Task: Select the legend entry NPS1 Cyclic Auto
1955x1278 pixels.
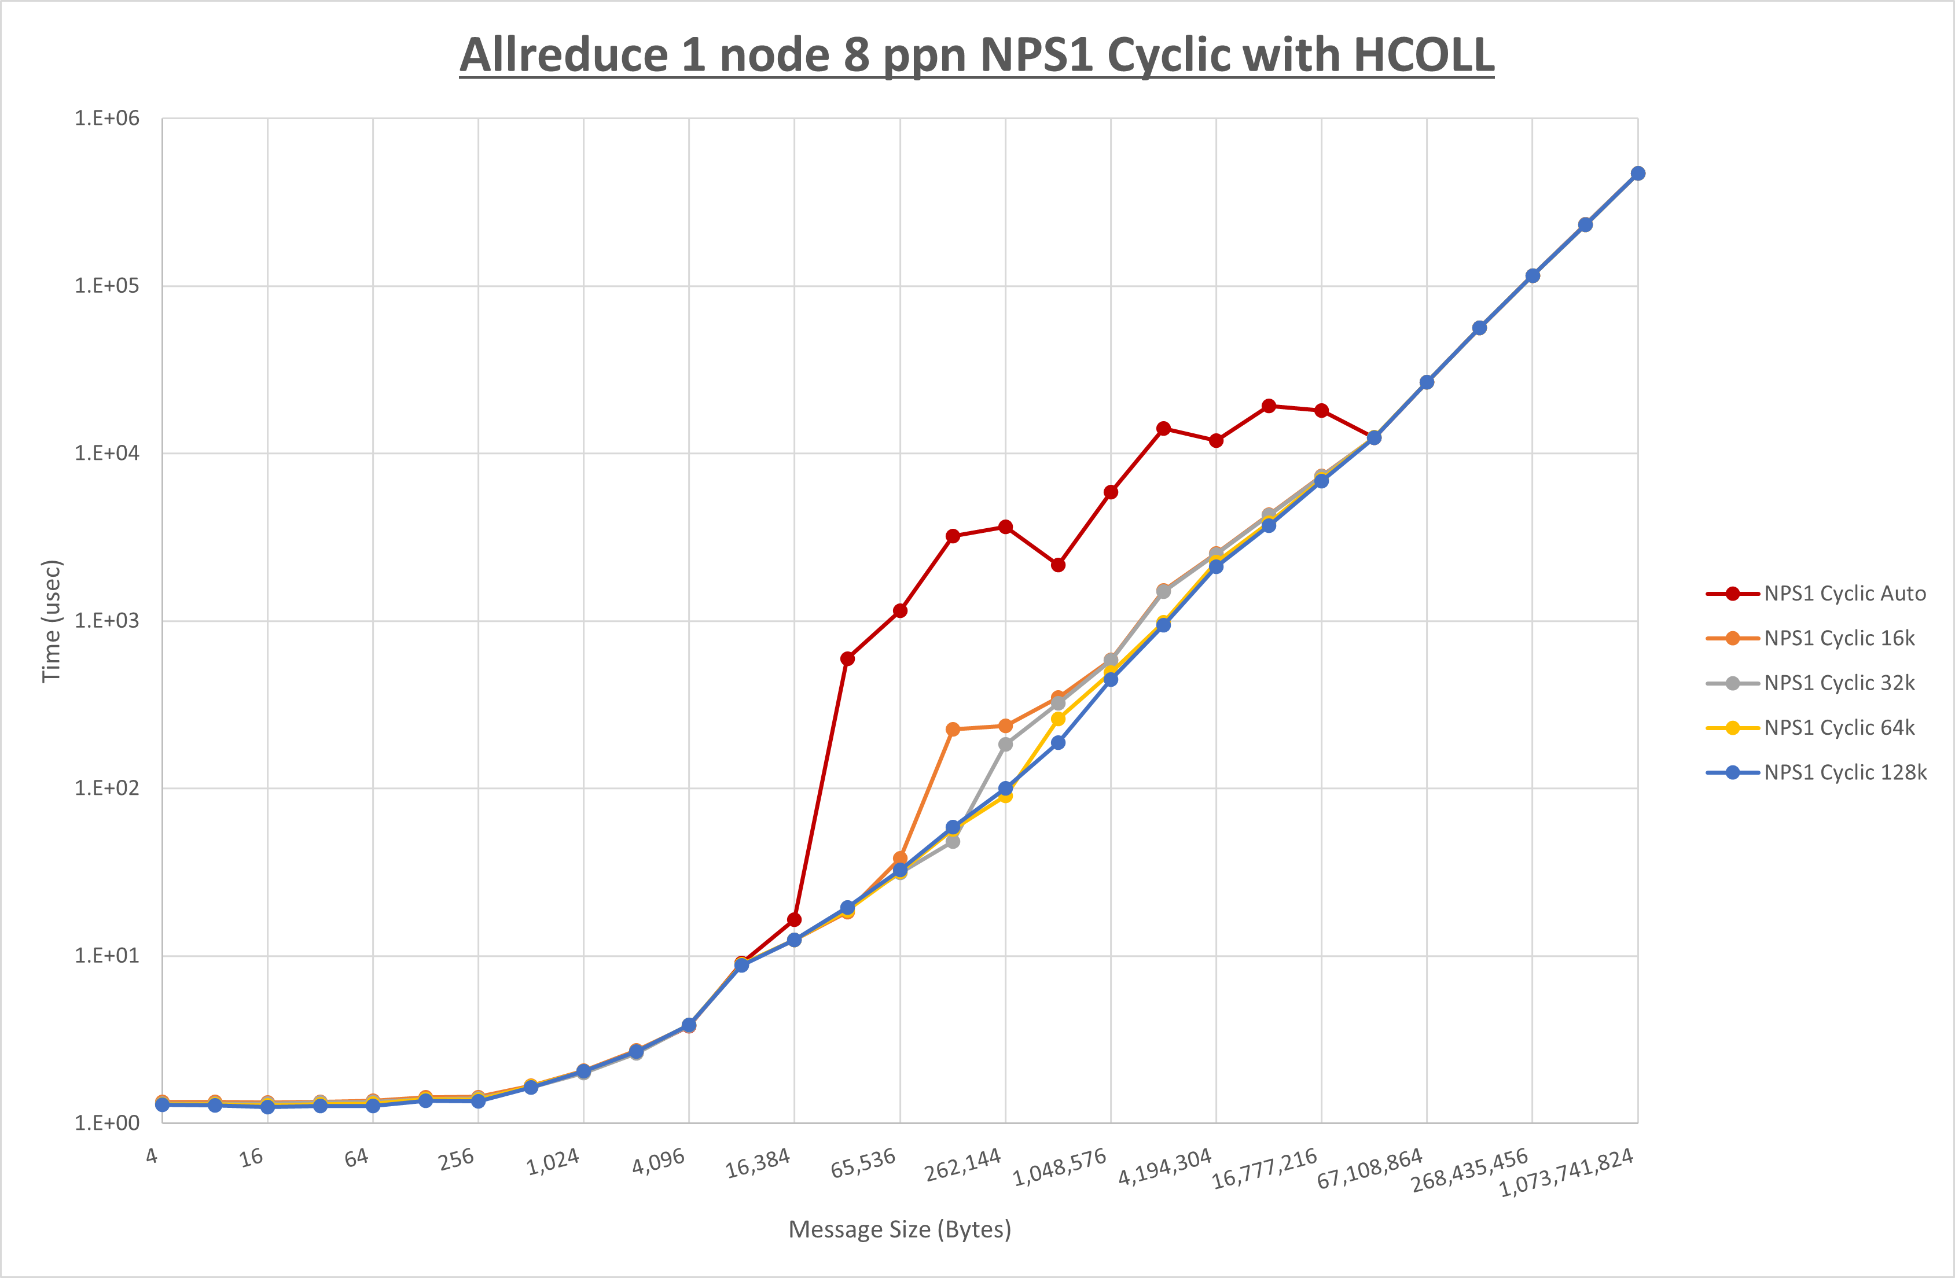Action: pos(1844,593)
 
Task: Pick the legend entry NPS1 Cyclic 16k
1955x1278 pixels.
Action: pos(1838,638)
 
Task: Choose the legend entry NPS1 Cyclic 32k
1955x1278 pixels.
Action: pos(1838,683)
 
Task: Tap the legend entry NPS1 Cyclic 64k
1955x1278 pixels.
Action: pos(1838,728)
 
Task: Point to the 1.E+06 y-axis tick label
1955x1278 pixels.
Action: pos(107,118)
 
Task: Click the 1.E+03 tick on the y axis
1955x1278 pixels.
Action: pos(107,621)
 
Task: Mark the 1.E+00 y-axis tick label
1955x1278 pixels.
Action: pos(107,1123)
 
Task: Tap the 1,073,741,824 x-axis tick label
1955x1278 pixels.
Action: pos(1567,1173)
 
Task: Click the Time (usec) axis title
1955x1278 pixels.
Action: pos(51,621)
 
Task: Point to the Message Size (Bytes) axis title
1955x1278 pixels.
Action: pos(899,1229)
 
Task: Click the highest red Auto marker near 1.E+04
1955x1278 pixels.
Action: pos(1268,406)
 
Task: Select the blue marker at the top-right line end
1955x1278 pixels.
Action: pos(1637,174)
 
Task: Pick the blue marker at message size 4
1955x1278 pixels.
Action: pos(163,1104)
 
